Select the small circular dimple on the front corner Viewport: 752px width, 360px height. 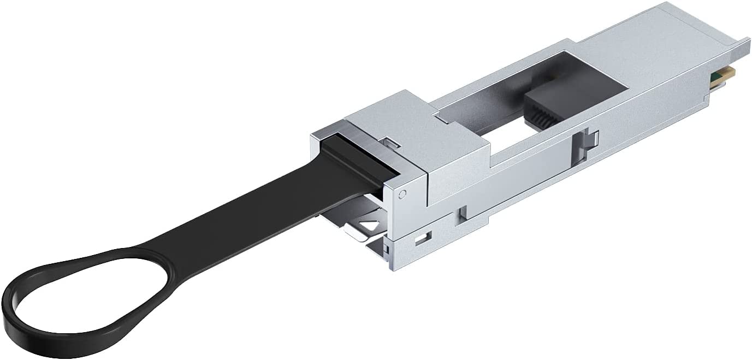(x=402, y=193)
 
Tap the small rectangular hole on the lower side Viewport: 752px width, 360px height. (x=421, y=239)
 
